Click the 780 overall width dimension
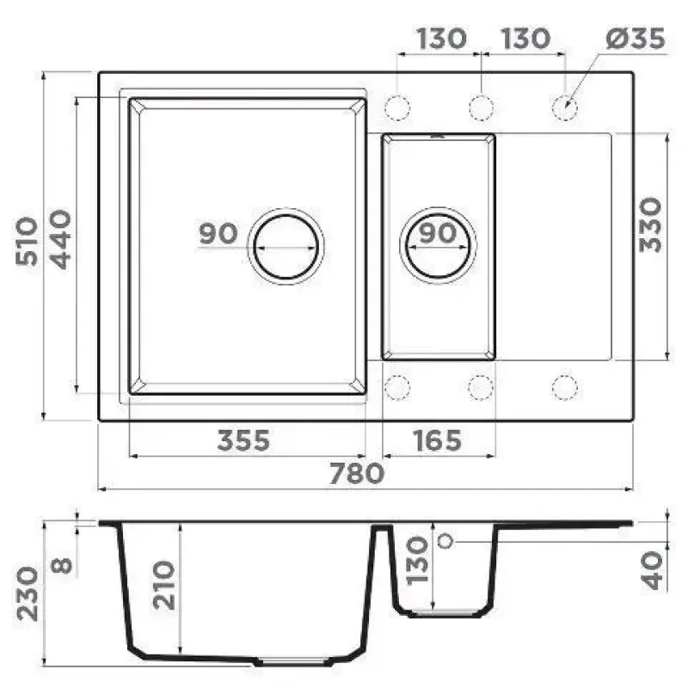357,474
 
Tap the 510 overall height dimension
27,242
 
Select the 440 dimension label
60,240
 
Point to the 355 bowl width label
243,440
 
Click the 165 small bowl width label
438,440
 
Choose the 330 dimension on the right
650,225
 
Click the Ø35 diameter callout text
636,39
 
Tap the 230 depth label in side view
28,593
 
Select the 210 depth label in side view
164,585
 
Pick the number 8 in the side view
61,566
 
